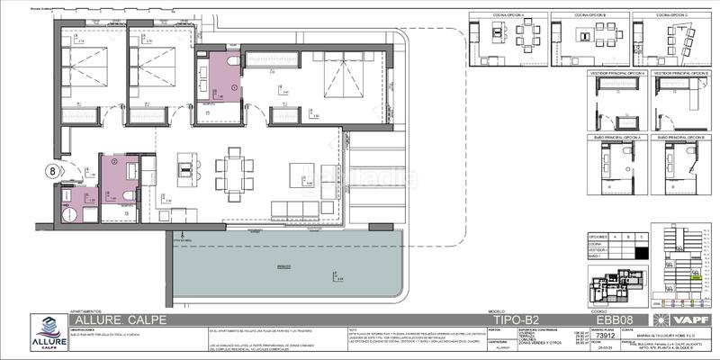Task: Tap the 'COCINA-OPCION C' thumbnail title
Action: [x=673, y=15]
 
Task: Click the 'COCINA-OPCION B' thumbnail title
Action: [x=590, y=15]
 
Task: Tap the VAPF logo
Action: [x=694, y=319]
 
